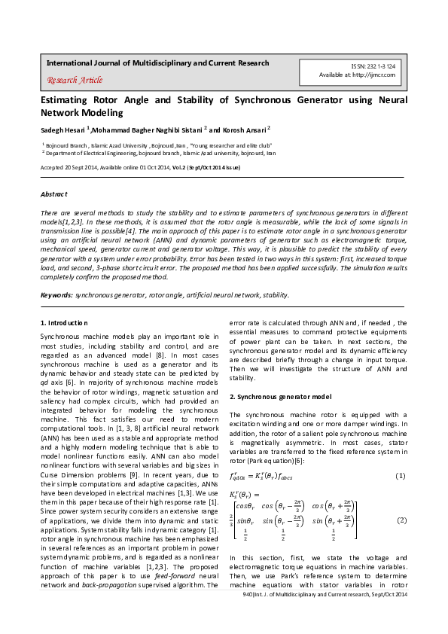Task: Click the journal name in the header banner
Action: (153, 63)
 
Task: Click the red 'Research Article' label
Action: (75, 80)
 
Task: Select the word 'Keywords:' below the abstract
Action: (56, 295)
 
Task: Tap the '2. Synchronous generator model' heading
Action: (280, 396)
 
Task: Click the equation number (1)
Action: (401, 476)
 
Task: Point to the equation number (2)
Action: (401, 520)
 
